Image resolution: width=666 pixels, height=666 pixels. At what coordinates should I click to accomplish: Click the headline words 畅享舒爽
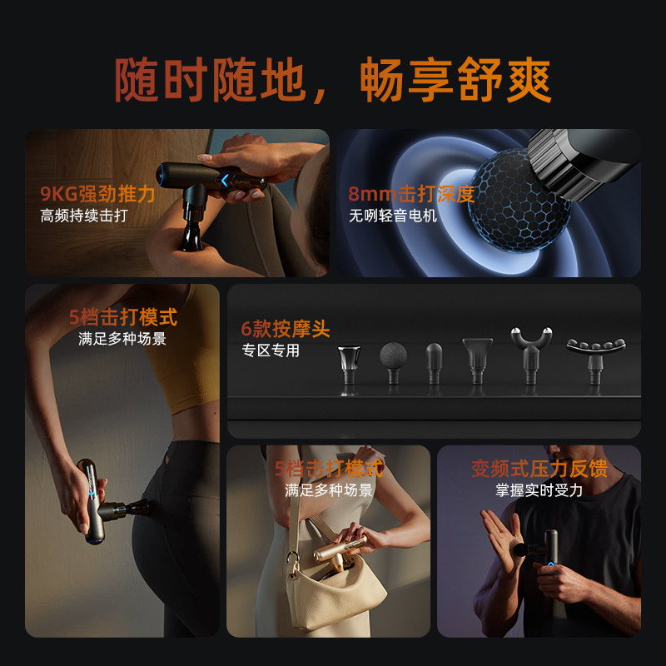(455, 82)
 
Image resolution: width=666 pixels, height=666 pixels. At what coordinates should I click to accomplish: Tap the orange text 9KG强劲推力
(97, 195)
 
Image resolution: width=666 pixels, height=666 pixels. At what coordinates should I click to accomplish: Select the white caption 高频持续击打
(84, 216)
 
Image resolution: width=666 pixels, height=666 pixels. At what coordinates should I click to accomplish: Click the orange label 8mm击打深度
(411, 195)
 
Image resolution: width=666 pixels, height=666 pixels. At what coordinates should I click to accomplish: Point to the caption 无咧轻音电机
(392, 216)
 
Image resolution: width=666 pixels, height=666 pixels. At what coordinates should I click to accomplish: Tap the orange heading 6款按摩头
(286, 329)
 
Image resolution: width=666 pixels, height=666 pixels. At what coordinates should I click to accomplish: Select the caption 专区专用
(270, 350)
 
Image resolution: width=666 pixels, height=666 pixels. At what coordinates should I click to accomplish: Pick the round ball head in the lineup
(392, 360)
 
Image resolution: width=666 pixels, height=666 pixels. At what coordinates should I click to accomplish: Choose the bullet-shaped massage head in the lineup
(434, 362)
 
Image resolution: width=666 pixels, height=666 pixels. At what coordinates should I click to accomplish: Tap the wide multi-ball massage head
(595, 350)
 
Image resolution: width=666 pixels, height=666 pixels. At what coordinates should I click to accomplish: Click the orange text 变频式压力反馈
(539, 468)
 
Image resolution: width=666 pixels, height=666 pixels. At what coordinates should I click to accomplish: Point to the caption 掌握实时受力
(539, 490)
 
